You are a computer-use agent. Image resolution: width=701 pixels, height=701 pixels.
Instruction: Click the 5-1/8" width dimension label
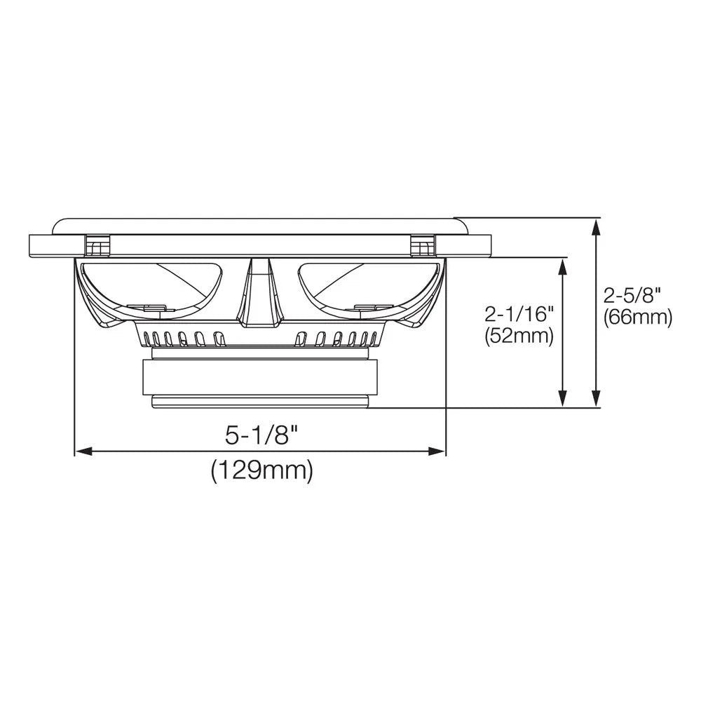(x=261, y=435)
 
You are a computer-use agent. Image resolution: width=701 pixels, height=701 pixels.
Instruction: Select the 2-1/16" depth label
(x=519, y=315)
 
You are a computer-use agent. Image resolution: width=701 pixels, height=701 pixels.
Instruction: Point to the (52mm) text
(x=519, y=336)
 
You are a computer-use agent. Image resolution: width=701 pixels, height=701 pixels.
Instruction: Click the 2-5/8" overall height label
(x=632, y=296)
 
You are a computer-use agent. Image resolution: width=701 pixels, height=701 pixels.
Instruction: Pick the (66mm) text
(x=637, y=317)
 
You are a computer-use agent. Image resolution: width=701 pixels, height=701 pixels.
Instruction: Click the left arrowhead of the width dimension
(x=83, y=451)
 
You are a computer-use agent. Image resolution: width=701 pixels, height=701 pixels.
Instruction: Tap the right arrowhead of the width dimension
(x=437, y=451)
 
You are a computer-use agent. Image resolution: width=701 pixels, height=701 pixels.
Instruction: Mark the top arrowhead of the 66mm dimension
(x=595, y=227)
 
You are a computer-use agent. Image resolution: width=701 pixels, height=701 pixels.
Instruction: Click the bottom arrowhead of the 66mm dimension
(x=595, y=398)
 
